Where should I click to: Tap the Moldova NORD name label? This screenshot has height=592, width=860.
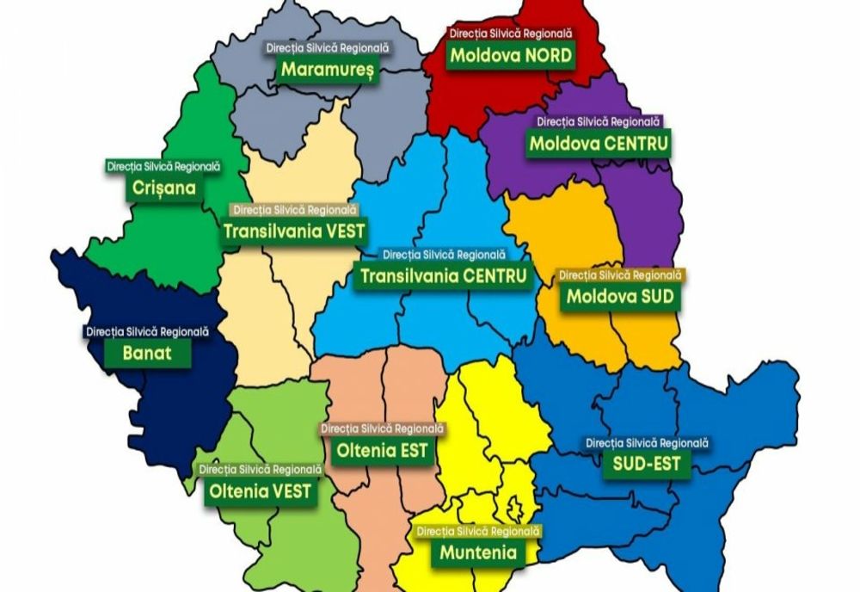[x=511, y=56]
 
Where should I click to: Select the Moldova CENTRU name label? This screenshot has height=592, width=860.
[x=599, y=144]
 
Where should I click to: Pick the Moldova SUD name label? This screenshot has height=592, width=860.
[x=619, y=298]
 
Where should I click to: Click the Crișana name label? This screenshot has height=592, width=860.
[x=164, y=187]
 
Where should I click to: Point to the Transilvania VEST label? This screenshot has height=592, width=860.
[x=294, y=231]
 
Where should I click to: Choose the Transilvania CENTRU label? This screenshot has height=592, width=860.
[x=444, y=276]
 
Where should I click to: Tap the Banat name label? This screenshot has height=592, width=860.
[x=146, y=352]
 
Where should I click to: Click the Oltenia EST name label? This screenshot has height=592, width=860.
[x=382, y=451]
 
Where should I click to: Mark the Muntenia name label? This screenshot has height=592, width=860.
[x=478, y=552]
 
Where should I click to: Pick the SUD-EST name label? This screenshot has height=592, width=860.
[x=647, y=465]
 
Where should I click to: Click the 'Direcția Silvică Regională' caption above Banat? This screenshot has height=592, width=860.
[x=146, y=330]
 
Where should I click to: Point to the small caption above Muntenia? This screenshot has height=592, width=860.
[x=478, y=531]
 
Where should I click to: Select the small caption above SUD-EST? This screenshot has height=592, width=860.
[x=647, y=442]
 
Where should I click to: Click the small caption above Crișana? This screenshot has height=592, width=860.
[x=164, y=165]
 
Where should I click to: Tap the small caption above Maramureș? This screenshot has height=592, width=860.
[x=327, y=47]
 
